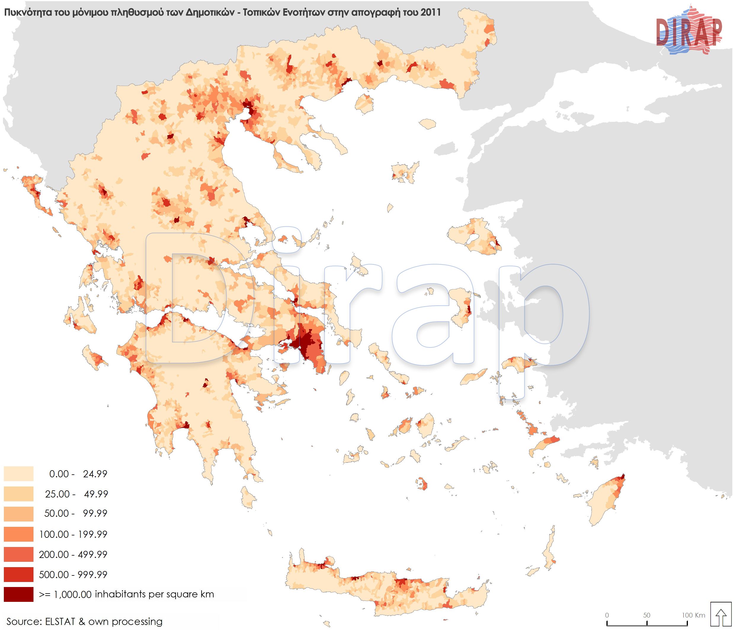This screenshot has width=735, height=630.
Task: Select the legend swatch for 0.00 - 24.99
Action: click(18, 473)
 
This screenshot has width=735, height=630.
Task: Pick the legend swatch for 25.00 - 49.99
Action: click(18, 493)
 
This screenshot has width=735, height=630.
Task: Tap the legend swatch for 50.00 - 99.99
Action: click(18, 513)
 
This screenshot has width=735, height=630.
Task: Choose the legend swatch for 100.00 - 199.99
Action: click(18, 534)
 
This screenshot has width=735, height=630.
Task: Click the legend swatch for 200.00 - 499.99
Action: click(18, 554)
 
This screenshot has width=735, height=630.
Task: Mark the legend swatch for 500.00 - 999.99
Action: click(18, 574)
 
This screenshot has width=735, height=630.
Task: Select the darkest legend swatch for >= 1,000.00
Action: click(18, 594)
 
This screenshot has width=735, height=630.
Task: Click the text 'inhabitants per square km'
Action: click(154, 594)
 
